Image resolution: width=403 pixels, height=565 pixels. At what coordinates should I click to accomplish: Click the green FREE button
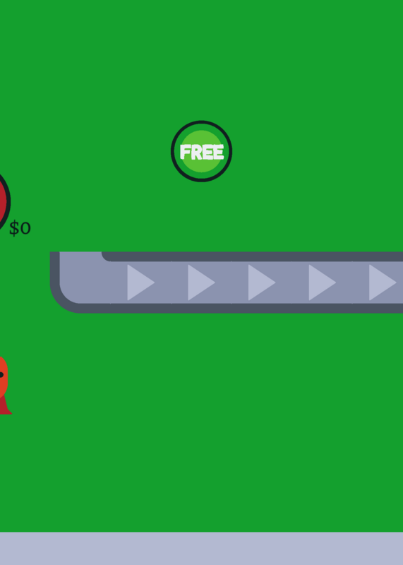201,151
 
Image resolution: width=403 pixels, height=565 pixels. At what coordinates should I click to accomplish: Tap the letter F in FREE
185,152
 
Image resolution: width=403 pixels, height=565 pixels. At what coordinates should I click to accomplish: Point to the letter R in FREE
197,152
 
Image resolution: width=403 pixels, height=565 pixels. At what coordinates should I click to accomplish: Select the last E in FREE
219,152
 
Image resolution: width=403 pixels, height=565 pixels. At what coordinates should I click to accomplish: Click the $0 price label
20,228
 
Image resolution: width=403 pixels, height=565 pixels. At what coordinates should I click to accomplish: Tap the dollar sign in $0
13,228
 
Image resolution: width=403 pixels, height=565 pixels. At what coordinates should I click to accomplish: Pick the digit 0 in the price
25,228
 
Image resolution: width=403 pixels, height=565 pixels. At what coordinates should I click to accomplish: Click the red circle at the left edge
4,202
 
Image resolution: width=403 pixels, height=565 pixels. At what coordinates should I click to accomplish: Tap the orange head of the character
4,376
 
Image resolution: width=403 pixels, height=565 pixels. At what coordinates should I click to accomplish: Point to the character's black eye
1,375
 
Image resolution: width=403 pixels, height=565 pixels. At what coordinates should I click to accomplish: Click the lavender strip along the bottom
201,549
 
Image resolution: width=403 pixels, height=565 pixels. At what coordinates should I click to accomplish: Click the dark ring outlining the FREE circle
201,122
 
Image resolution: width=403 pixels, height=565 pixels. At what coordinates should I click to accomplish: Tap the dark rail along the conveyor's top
252,256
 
